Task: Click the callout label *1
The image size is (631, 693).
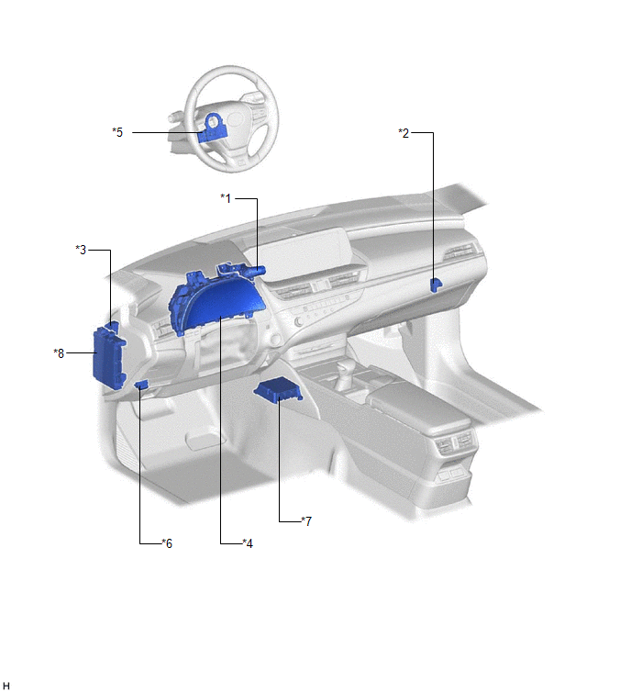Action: click(226, 198)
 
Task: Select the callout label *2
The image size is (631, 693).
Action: click(404, 133)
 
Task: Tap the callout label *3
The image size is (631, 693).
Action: click(81, 250)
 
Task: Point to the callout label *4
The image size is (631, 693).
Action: click(248, 543)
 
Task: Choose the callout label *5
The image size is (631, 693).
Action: click(117, 132)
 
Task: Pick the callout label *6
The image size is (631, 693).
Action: click(167, 543)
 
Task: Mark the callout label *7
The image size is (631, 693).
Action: click(306, 521)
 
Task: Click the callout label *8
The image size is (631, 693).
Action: click(59, 353)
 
